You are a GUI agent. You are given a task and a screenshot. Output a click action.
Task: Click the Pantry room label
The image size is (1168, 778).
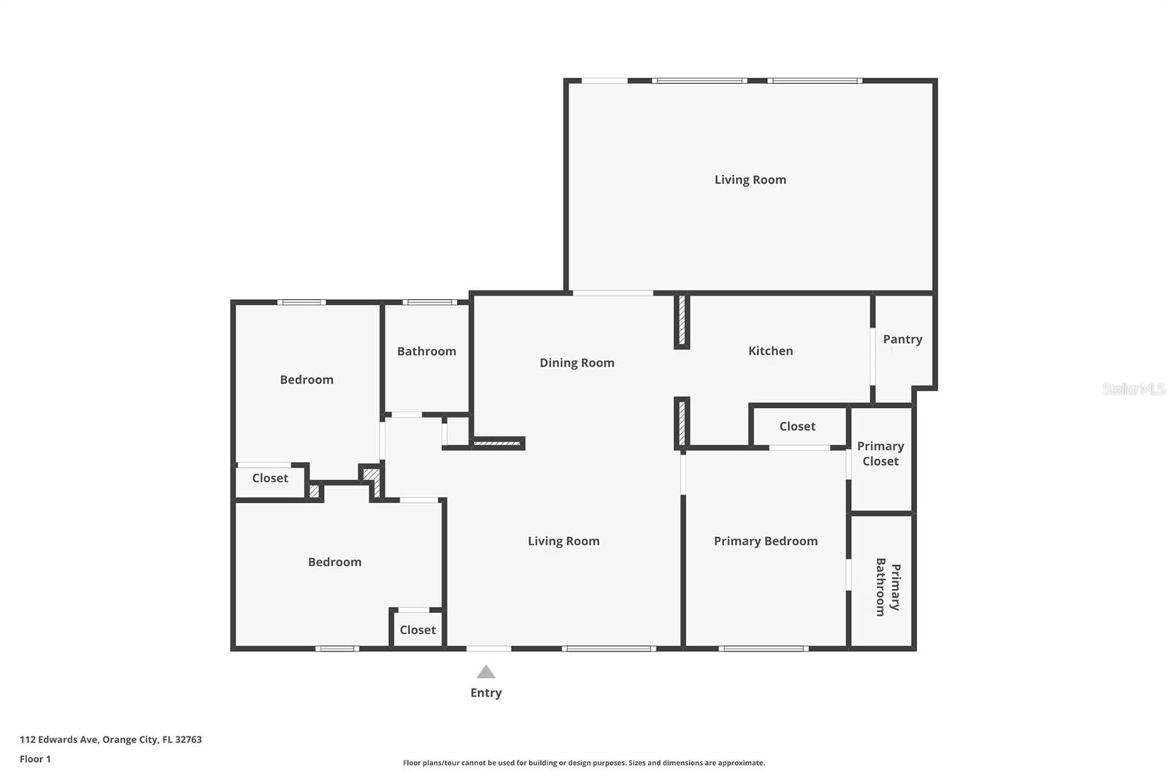[x=902, y=339]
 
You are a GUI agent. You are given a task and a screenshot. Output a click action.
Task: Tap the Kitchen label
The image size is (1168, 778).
[x=770, y=351]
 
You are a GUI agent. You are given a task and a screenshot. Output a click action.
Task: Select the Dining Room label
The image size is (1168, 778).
[x=577, y=363]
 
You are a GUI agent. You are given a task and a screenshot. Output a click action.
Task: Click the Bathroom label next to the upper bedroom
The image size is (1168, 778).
[x=426, y=351]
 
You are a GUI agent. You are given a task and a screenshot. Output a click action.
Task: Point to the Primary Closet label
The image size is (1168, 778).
[x=880, y=453]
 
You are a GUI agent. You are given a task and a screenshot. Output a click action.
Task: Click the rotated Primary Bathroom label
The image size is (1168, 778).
[x=888, y=587]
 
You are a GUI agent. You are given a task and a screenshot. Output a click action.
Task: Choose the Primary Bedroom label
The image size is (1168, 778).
[x=765, y=541]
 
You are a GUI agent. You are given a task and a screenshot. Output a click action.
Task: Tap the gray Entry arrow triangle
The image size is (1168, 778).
[x=486, y=672]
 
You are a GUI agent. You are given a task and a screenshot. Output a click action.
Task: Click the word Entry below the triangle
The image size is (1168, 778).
[x=486, y=693]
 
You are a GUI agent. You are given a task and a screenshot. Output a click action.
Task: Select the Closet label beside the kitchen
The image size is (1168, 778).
[x=797, y=426]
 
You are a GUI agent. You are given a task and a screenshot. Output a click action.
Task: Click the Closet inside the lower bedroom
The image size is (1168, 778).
[x=418, y=630]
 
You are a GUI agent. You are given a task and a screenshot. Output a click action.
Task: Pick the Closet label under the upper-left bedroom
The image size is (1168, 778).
[x=270, y=478]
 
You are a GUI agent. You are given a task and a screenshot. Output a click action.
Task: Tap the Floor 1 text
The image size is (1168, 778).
[x=35, y=759]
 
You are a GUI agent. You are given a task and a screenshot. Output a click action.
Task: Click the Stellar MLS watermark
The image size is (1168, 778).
[x=1133, y=389]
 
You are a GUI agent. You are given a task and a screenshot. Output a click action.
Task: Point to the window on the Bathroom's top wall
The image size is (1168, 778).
[x=429, y=302]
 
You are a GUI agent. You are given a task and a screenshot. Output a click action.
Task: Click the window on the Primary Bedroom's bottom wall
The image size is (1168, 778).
[x=763, y=648]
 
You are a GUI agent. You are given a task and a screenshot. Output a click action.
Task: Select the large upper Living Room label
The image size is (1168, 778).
[x=750, y=180]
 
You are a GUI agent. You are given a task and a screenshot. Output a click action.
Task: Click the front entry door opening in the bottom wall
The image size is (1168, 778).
[x=488, y=648]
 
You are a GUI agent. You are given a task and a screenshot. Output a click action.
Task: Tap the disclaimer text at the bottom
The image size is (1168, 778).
[x=584, y=763]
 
